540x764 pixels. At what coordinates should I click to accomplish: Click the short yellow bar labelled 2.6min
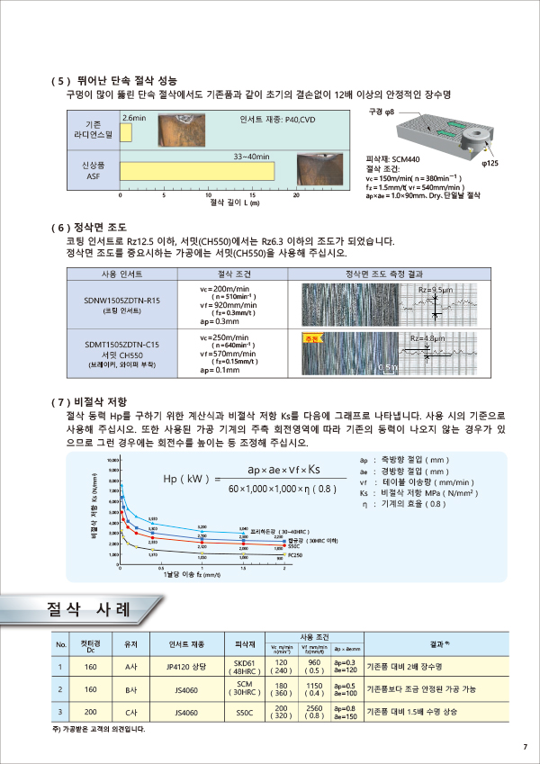click(x=127, y=133)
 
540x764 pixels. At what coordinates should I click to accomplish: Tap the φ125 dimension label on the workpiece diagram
click(x=490, y=164)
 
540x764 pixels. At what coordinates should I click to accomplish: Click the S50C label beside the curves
click(x=293, y=546)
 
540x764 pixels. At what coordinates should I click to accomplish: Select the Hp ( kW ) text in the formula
click(x=187, y=480)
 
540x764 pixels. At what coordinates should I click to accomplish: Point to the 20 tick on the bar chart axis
click(x=296, y=194)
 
